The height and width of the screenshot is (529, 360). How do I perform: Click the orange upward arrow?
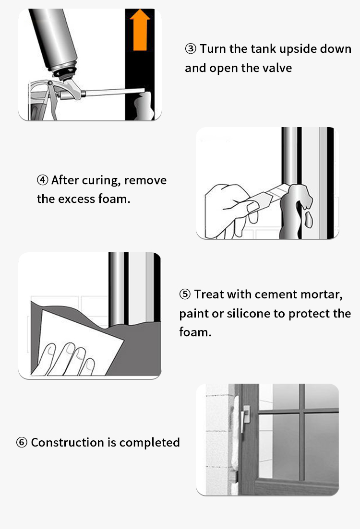point(140,30)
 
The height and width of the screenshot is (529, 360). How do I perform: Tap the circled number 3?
point(191,49)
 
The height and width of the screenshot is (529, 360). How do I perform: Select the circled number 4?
point(43,180)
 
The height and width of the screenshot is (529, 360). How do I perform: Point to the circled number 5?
point(185,294)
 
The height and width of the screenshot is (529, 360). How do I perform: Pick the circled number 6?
point(22,442)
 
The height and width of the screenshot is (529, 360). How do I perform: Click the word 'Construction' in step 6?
point(67,442)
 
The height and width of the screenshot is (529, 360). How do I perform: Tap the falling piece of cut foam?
point(309,220)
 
